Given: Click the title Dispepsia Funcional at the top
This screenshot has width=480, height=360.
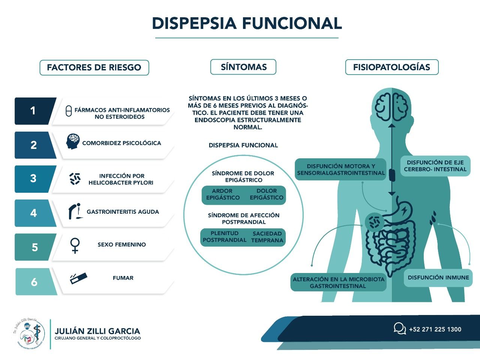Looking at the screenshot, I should click(x=247, y=23).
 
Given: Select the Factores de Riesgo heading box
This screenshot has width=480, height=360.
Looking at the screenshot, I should click(x=94, y=67).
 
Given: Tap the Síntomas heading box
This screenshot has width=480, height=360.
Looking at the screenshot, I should click(x=243, y=67).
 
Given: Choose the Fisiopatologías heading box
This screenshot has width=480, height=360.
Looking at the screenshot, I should click(x=391, y=67).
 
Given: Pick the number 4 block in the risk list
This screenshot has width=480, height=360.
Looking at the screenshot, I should click(x=34, y=213).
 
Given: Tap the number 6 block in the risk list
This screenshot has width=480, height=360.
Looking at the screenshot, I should click(x=34, y=282).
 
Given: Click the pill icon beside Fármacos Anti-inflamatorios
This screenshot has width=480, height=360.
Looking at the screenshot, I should click(x=69, y=111).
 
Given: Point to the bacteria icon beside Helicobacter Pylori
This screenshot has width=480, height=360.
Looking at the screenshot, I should click(x=75, y=179).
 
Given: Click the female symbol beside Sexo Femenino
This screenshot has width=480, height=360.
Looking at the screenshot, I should click(x=75, y=245).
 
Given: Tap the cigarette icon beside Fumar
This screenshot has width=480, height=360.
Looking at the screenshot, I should click(x=78, y=278).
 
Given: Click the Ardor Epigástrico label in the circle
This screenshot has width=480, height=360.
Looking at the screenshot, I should click(x=223, y=194).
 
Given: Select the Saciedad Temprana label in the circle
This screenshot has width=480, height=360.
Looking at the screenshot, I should click(x=267, y=237).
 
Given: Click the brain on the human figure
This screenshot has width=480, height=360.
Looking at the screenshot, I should click(x=391, y=103).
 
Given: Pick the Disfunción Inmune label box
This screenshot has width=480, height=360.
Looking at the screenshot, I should click(x=438, y=278).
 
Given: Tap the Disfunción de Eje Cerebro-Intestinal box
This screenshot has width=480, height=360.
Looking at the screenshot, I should click(x=435, y=166).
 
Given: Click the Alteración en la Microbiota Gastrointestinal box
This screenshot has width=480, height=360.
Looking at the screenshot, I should click(x=338, y=282).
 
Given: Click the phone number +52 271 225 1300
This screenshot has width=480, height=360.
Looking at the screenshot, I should click(x=435, y=329).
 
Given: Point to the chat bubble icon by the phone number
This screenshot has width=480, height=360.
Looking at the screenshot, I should click(x=399, y=328).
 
